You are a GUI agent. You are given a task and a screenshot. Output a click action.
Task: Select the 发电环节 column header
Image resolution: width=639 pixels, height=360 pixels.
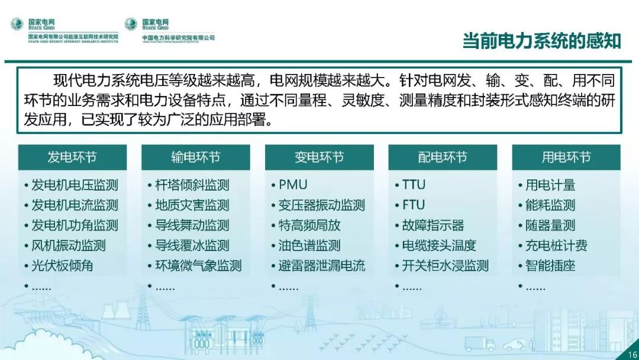pyautogui.click(x=72, y=157)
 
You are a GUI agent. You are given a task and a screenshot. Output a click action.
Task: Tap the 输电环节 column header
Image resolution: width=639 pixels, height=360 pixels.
pyautogui.click(x=196, y=157)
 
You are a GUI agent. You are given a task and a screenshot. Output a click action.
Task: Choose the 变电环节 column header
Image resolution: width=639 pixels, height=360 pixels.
pyautogui.click(x=319, y=157)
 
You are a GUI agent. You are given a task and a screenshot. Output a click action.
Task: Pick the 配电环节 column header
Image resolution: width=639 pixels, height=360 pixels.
pyautogui.click(x=443, y=157)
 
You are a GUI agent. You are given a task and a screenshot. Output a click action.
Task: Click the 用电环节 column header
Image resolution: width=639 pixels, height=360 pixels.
pyautogui.click(x=566, y=157)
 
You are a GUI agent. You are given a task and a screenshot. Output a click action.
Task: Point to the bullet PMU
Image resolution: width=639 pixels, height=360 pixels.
pyautogui.click(x=293, y=185)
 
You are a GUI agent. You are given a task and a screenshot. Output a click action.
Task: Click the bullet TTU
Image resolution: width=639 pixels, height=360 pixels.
pyautogui.click(x=414, y=185)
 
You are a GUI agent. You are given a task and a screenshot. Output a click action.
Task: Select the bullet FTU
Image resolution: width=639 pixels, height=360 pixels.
pyautogui.click(x=414, y=205)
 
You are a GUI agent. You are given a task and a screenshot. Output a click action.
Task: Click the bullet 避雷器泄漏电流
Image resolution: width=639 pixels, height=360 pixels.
pyautogui.click(x=322, y=266)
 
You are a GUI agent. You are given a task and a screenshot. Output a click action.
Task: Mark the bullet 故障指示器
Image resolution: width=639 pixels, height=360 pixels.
pyautogui.click(x=433, y=226)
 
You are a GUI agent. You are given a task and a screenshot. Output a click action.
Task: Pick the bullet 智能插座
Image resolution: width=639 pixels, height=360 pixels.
pyautogui.click(x=550, y=266)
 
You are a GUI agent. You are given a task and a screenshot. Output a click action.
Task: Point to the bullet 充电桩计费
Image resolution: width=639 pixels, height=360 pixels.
pyautogui.click(x=557, y=246)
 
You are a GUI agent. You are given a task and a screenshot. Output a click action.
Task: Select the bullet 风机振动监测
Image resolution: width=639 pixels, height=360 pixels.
pyautogui.click(x=69, y=246)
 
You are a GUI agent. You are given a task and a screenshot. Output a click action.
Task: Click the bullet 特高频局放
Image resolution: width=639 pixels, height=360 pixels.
pyautogui.click(x=309, y=226)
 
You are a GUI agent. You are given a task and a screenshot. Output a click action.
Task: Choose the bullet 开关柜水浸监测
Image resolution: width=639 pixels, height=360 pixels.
pyautogui.click(x=446, y=266)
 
